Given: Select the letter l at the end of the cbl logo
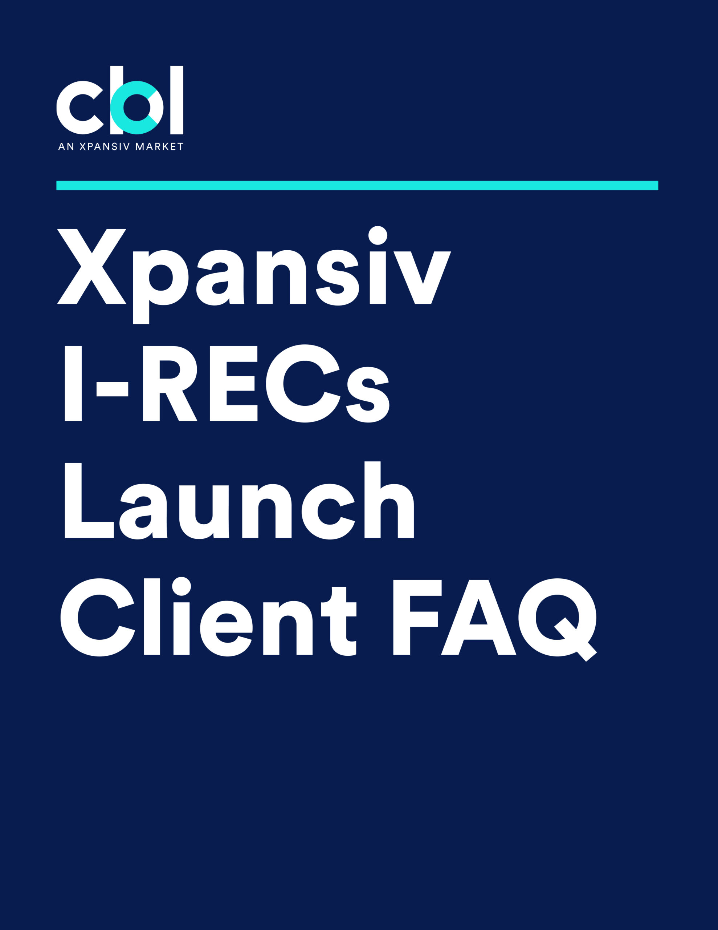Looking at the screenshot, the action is pos(177,100).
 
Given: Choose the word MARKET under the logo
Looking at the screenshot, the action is pos(159,146).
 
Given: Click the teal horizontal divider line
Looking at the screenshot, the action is pos(357,185).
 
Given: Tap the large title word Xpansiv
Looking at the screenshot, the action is pos(254,275).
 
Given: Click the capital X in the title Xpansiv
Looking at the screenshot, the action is pos(91,267).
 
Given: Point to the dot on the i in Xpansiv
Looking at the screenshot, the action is pos(378,235).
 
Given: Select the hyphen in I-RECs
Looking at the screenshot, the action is pos(113,389).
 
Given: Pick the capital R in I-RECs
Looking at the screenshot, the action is pos(170,383).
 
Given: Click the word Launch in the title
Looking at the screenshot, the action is pos(239,500).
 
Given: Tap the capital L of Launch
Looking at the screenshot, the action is pos(89,500).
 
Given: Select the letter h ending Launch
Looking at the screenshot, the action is pos(389,500).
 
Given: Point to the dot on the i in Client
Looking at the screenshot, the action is pos(181,586).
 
